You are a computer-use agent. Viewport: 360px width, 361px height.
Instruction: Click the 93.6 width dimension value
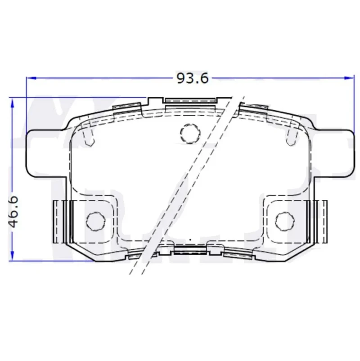point(193,78)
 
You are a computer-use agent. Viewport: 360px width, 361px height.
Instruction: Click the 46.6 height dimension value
point(13,212)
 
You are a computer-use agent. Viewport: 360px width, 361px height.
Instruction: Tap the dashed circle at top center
point(190,134)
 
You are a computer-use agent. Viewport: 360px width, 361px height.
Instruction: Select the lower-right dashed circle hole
point(285,221)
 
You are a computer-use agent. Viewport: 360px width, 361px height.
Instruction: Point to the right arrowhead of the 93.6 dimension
point(348,78)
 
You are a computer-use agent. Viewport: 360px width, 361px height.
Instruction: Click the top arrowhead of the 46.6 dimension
point(13,103)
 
